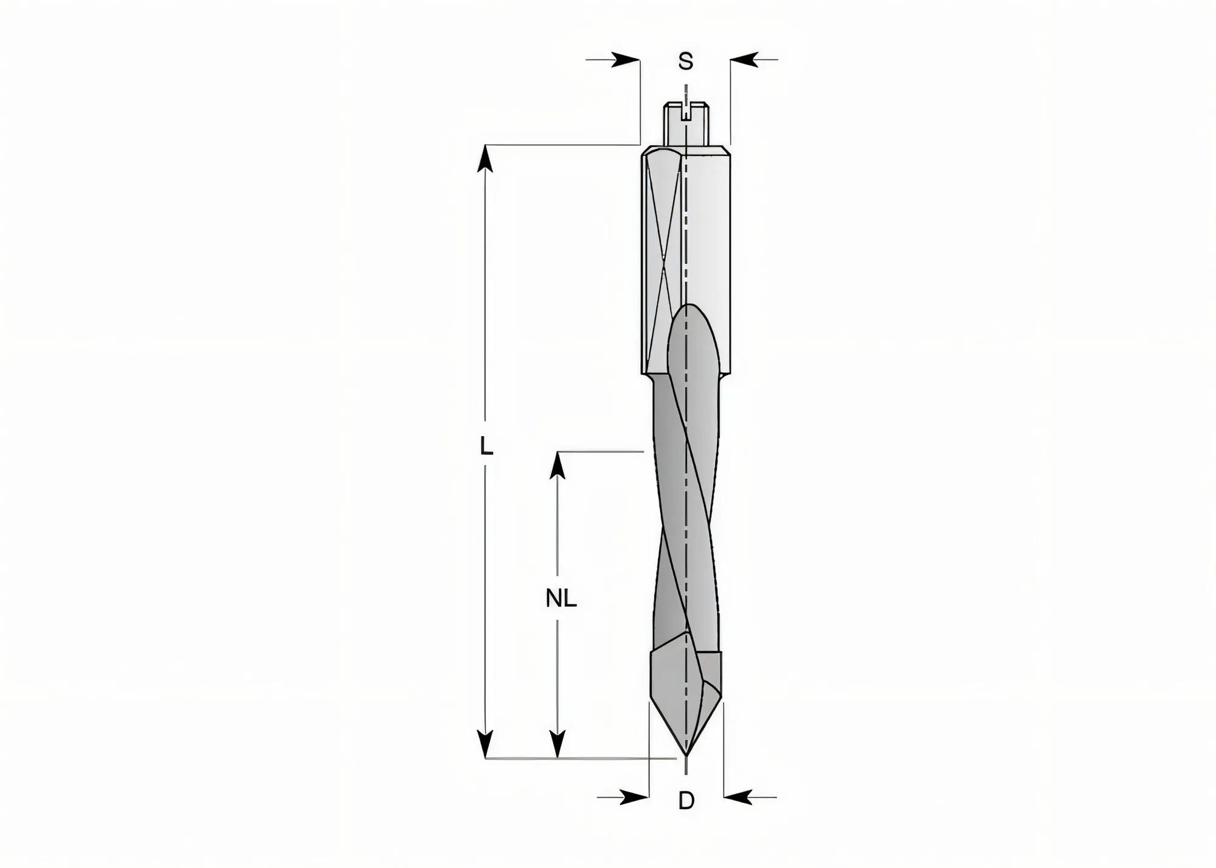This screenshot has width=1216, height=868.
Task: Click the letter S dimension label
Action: pos(686,61)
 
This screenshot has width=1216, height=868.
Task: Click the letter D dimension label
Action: pos(686,801)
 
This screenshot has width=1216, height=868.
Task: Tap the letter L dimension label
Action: pos(486,447)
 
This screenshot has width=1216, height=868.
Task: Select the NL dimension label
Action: pos(561,599)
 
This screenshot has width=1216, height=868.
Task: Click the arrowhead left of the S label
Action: pos(626,60)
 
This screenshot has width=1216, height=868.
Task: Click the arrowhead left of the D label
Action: pos(634,797)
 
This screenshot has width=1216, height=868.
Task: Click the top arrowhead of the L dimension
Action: pos(485,159)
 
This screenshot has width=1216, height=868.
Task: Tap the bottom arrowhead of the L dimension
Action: pos(485,743)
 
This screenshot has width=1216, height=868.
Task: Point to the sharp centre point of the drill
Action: pos(686,754)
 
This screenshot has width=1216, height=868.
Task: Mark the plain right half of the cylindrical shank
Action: pos(708,243)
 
